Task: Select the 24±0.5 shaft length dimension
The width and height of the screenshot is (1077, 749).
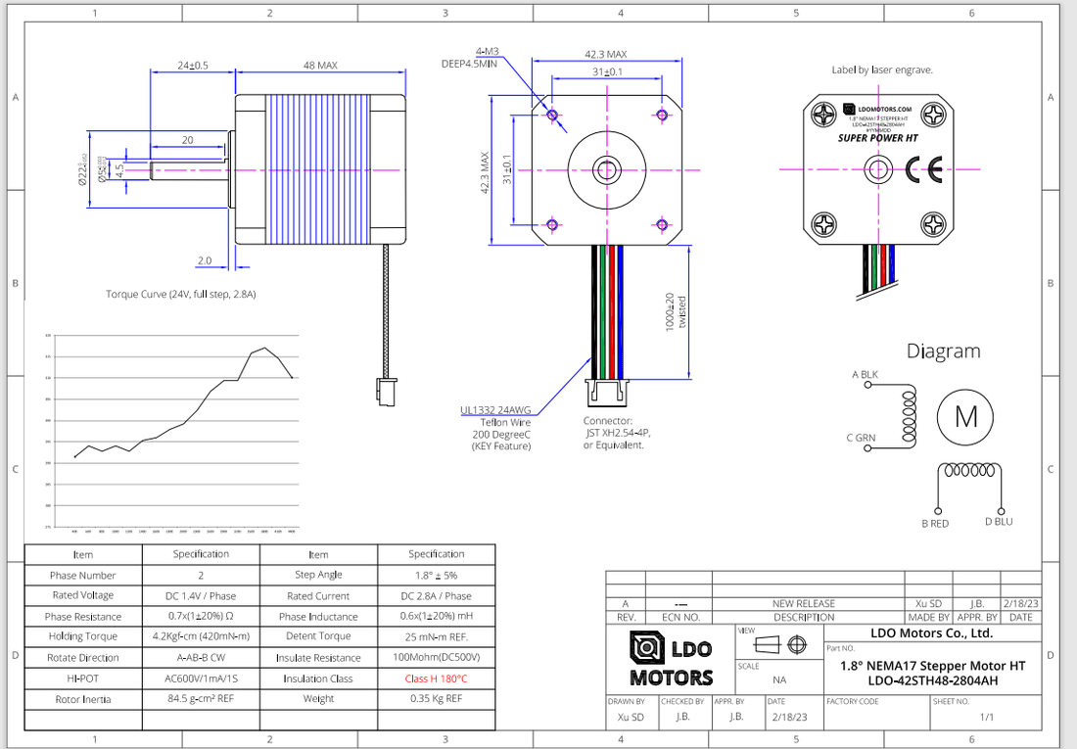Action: tap(192, 66)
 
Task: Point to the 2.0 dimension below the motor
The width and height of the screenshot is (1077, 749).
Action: tap(204, 261)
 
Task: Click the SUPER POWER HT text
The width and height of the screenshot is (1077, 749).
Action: tap(877, 139)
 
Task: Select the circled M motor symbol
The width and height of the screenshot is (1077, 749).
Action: tap(965, 417)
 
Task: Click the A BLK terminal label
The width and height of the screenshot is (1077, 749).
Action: tap(865, 374)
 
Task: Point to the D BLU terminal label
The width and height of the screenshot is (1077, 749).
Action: tap(999, 522)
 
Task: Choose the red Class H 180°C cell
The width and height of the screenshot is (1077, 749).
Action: tap(436, 679)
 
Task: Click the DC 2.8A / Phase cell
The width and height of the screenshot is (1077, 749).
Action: tap(436, 595)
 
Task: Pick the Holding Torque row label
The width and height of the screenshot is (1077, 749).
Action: tap(83, 636)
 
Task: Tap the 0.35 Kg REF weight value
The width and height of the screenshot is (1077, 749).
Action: tap(436, 699)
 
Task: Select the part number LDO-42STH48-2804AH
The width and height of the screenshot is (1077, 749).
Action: tap(932, 680)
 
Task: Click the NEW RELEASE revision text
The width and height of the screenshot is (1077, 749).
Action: tap(803, 604)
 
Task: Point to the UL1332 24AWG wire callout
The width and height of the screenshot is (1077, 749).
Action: tap(496, 410)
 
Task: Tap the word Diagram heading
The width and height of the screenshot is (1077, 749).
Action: tap(942, 351)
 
